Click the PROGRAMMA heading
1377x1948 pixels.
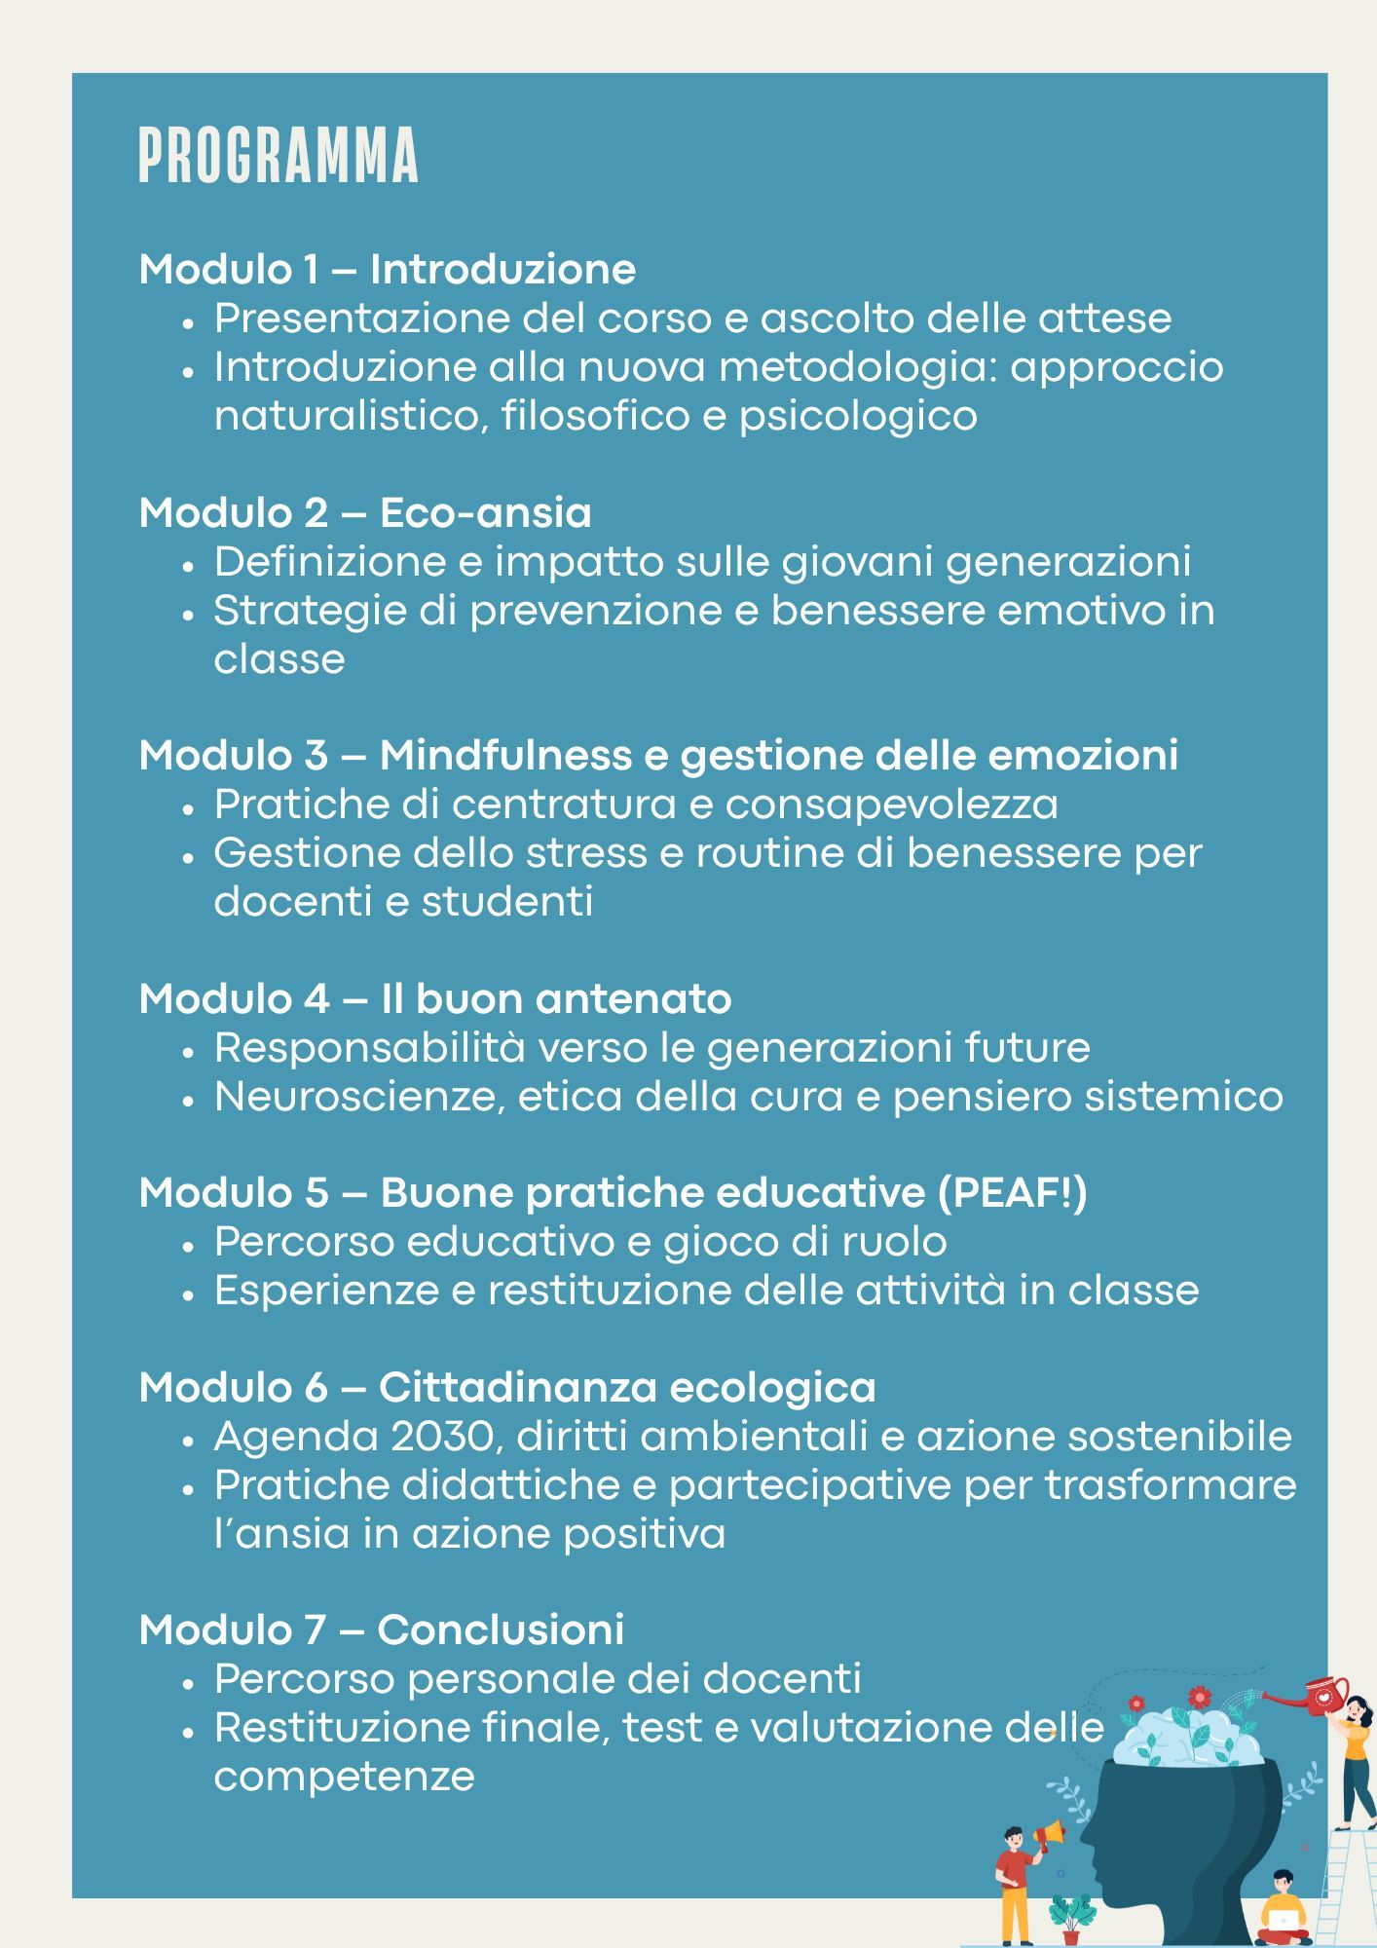pyautogui.click(x=279, y=156)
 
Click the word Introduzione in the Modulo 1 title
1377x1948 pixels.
pyautogui.click(x=502, y=269)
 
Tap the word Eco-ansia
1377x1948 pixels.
pyautogui.click(x=485, y=512)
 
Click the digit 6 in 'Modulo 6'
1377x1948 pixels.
pyautogui.click(x=316, y=1388)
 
